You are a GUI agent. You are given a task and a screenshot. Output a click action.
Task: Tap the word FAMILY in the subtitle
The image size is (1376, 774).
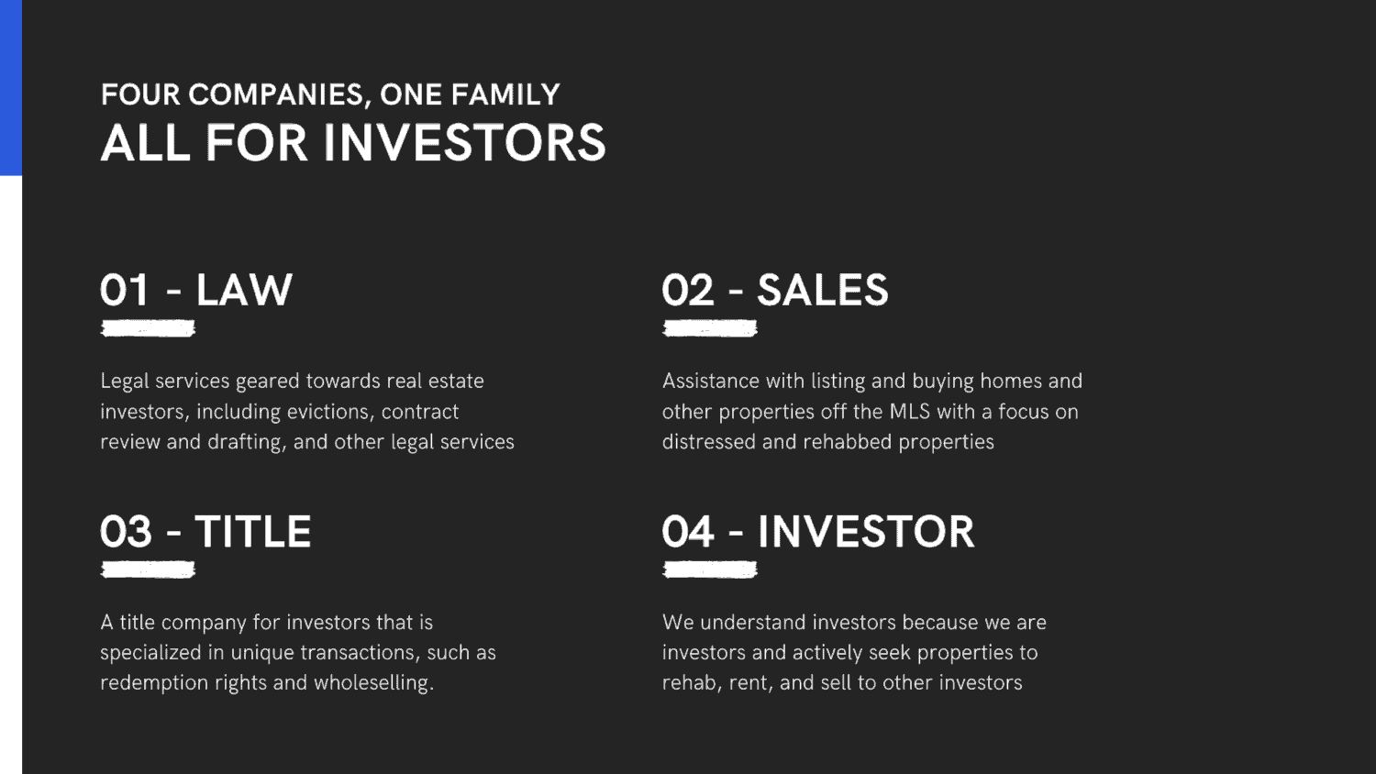pos(505,94)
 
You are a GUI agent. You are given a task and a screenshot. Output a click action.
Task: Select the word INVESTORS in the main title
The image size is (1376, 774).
pos(464,142)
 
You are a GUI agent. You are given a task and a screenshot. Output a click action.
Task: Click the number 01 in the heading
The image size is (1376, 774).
pos(124,290)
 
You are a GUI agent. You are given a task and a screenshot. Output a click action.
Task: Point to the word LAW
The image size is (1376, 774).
pos(244,290)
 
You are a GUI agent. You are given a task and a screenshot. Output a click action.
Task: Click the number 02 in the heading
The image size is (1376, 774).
pos(688,290)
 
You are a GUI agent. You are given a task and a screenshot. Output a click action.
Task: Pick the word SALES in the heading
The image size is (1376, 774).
pos(823,290)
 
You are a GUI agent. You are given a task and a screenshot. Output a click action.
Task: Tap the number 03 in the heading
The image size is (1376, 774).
pos(126,531)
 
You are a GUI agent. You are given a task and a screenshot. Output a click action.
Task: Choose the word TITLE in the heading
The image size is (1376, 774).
pos(253,531)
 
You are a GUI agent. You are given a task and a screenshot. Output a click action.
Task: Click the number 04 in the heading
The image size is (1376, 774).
pos(688,531)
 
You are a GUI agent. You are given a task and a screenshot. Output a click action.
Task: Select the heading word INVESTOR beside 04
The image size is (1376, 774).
pos(866,531)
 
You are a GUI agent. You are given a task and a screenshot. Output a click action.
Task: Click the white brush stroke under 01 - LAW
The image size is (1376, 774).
pos(148,328)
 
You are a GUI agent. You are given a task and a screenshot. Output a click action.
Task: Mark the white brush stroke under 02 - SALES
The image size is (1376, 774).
pos(709,328)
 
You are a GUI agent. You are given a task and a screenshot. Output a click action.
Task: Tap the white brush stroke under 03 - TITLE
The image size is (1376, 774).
pos(148,570)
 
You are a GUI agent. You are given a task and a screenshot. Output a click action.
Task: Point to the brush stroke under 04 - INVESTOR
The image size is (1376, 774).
pos(709,570)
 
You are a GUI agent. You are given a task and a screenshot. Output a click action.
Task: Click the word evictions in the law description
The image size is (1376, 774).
pos(330,412)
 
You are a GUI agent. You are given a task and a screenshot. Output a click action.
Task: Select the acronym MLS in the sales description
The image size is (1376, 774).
pos(910,412)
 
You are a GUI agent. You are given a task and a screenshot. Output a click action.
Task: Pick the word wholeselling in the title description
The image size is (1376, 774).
pos(373,683)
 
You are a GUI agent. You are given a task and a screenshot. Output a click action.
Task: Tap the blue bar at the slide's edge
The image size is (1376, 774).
pos(11,88)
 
